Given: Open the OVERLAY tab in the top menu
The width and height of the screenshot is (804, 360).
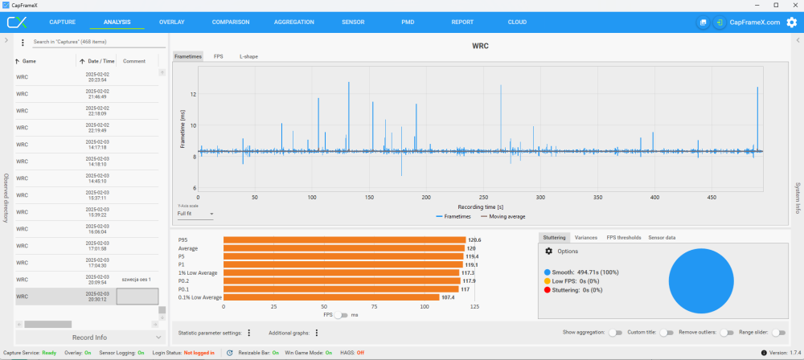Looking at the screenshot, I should click(171, 22).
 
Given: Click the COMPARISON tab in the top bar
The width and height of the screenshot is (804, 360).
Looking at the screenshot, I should click(231, 22).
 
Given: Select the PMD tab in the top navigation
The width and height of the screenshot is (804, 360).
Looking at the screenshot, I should click(408, 22).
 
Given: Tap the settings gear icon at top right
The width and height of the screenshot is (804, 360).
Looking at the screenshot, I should click(791, 22).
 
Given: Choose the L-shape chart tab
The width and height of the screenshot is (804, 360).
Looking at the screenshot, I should click(248, 57).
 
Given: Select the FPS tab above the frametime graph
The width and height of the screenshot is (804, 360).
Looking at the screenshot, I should click(219, 57).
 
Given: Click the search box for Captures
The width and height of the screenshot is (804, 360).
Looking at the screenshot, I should click(92, 42).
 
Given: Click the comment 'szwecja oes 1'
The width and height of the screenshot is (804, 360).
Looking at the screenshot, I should click(137, 280).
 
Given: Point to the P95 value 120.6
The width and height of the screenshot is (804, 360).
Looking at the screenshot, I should click(475, 239).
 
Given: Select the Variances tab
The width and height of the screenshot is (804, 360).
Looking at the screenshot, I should click(586, 238).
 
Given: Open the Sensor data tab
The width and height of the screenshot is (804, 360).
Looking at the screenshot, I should click(662, 238).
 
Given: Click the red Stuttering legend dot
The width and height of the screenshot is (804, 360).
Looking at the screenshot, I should click(548, 290).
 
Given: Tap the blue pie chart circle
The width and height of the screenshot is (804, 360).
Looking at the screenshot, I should click(701, 280).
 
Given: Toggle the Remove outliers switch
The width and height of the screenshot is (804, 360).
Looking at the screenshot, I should click(727, 333).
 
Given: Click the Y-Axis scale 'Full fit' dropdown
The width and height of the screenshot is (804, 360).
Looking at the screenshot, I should click(195, 214).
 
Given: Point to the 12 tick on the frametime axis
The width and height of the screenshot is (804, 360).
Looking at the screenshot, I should click(193, 94).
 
